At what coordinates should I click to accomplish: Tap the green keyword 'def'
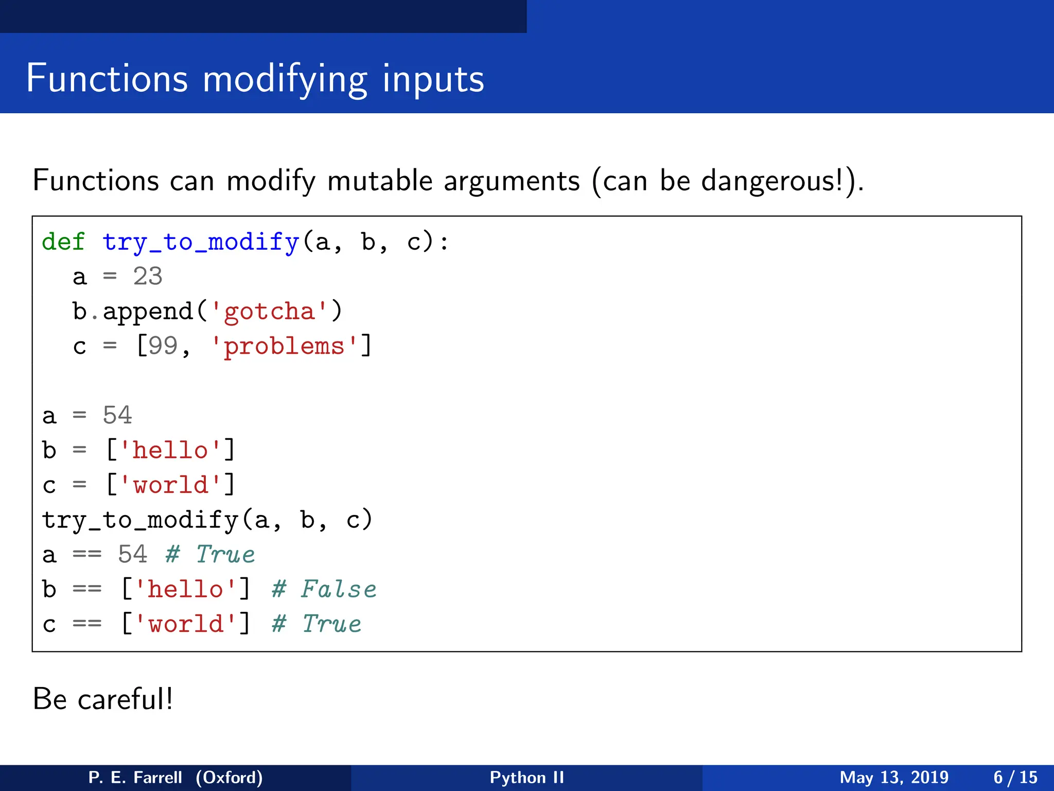pyautogui.click(x=63, y=242)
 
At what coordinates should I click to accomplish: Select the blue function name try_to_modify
pyautogui.click(x=200, y=242)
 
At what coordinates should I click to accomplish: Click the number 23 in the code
pyautogui.click(x=148, y=277)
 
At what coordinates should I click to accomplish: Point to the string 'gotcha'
pyautogui.click(x=269, y=312)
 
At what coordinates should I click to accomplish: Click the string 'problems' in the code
pyautogui.click(x=284, y=346)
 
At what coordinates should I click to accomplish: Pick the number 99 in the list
pyautogui.click(x=163, y=346)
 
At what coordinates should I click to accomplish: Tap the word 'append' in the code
pyautogui.click(x=148, y=312)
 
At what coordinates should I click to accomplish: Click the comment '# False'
pyautogui.click(x=324, y=589)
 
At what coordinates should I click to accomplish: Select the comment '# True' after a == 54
pyautogui.click(x=210, y=555)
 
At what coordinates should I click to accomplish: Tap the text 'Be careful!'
pyautogui.click(x=103, y=699)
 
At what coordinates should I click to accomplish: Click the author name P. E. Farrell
pyautogui.click(x=135, y=777)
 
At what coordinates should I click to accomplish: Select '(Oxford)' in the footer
pyautogui.click(x=229, y=777)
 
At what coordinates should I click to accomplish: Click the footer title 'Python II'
pyautogui.click(x=526, y=777)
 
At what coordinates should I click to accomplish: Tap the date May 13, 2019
pyautogui.click(x=894, y=777)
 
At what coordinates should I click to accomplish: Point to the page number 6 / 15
pyautogui.click(x=1015, y=777)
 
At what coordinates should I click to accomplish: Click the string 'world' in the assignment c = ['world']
pyautogui.click(x=171, y=485)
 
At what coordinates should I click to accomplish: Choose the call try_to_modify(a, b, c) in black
pyautogui.click(x=207, y=520)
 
